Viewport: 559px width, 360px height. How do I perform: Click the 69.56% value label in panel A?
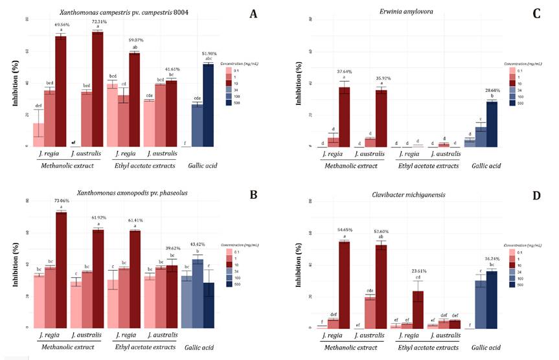point(60,25)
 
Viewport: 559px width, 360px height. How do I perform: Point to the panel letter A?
point(253,13)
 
